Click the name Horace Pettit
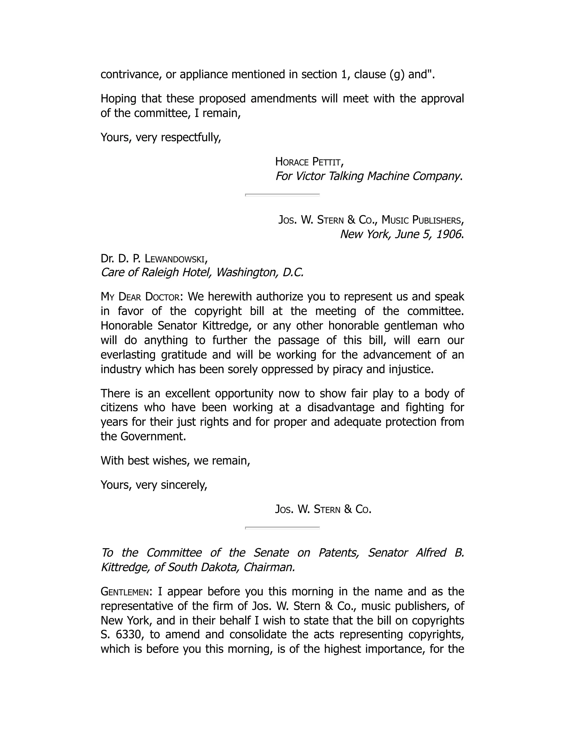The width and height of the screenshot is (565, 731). point(309,162)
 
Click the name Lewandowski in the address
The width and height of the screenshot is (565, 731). point(175,258)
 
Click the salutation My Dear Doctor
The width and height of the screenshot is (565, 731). point(140,297)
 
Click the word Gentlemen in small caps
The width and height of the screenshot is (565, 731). point(124,592)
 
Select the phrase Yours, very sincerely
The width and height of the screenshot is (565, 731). point(154,485)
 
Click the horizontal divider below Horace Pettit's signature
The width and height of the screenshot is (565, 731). point(282,194)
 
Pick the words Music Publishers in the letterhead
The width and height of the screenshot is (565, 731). point(422,220)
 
